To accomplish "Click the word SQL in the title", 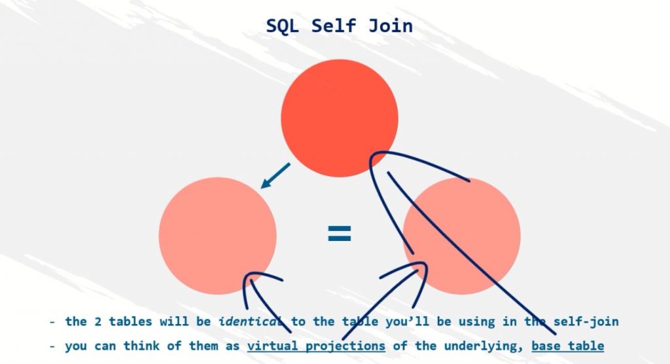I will [x=283, y=26].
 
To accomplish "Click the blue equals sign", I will [x=339, y=234].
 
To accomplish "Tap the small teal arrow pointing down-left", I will [x=275, y=175].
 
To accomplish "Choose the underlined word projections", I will [x=346, y=346].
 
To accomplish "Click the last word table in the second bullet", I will [x=587, y=346].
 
